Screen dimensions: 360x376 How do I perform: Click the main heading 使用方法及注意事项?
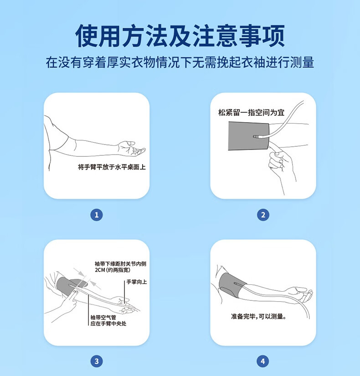[180, 36]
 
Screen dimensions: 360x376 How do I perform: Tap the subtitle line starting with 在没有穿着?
[180, 62]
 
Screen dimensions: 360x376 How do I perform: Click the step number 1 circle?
[97, 215]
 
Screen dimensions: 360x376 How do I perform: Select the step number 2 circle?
[263, 215]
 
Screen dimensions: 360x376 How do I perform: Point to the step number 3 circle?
[97, 361]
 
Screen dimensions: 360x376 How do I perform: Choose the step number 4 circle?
[263, 361]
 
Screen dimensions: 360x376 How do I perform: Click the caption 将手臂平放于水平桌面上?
[112, 167]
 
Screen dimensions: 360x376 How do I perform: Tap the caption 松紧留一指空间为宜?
[251, 112]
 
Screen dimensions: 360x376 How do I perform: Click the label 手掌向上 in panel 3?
[136, 282]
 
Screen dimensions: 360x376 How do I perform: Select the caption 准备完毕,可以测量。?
[259, 317]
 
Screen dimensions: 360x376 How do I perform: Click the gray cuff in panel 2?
[248, 136]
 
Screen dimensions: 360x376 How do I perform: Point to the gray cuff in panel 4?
[231, 285]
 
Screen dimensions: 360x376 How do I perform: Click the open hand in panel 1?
[131, 148]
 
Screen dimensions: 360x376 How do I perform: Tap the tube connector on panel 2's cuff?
[257, 137]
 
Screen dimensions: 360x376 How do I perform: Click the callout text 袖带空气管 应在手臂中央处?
[108, 320]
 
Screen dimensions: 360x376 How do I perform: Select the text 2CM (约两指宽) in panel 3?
[113, 270]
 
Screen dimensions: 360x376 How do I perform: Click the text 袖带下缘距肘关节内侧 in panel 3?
[120, 264]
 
